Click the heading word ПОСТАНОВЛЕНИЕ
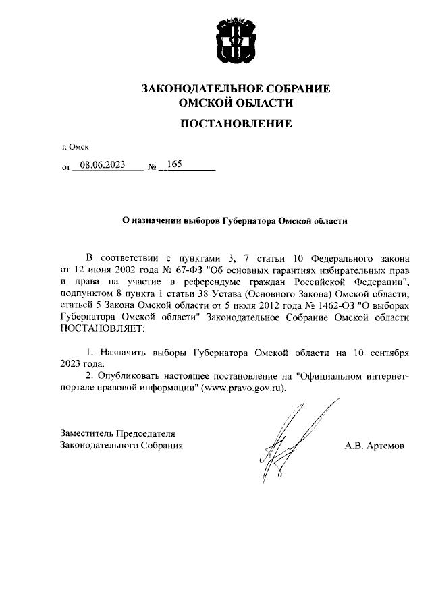click(x=236, y=123)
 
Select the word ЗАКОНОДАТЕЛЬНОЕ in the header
click(x=196, y=88)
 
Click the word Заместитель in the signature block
click(x=86, y=433)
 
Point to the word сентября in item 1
click(x=385, y=353)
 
